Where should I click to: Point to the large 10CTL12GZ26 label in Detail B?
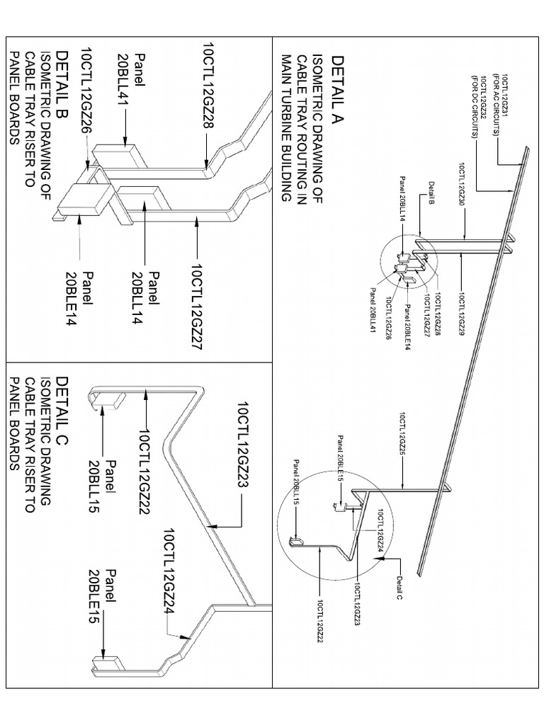86,90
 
